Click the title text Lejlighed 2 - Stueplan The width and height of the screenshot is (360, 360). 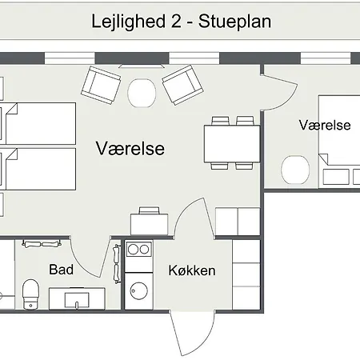point(181,22)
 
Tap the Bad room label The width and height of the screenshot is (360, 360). point(62,270)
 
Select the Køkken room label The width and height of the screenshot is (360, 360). point(192,270)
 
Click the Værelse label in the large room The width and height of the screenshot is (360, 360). point(130,149)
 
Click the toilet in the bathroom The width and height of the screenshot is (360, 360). point(30,292)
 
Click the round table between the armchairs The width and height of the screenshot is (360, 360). point(142,92)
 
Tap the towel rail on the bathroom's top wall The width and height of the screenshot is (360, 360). point(43,243)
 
